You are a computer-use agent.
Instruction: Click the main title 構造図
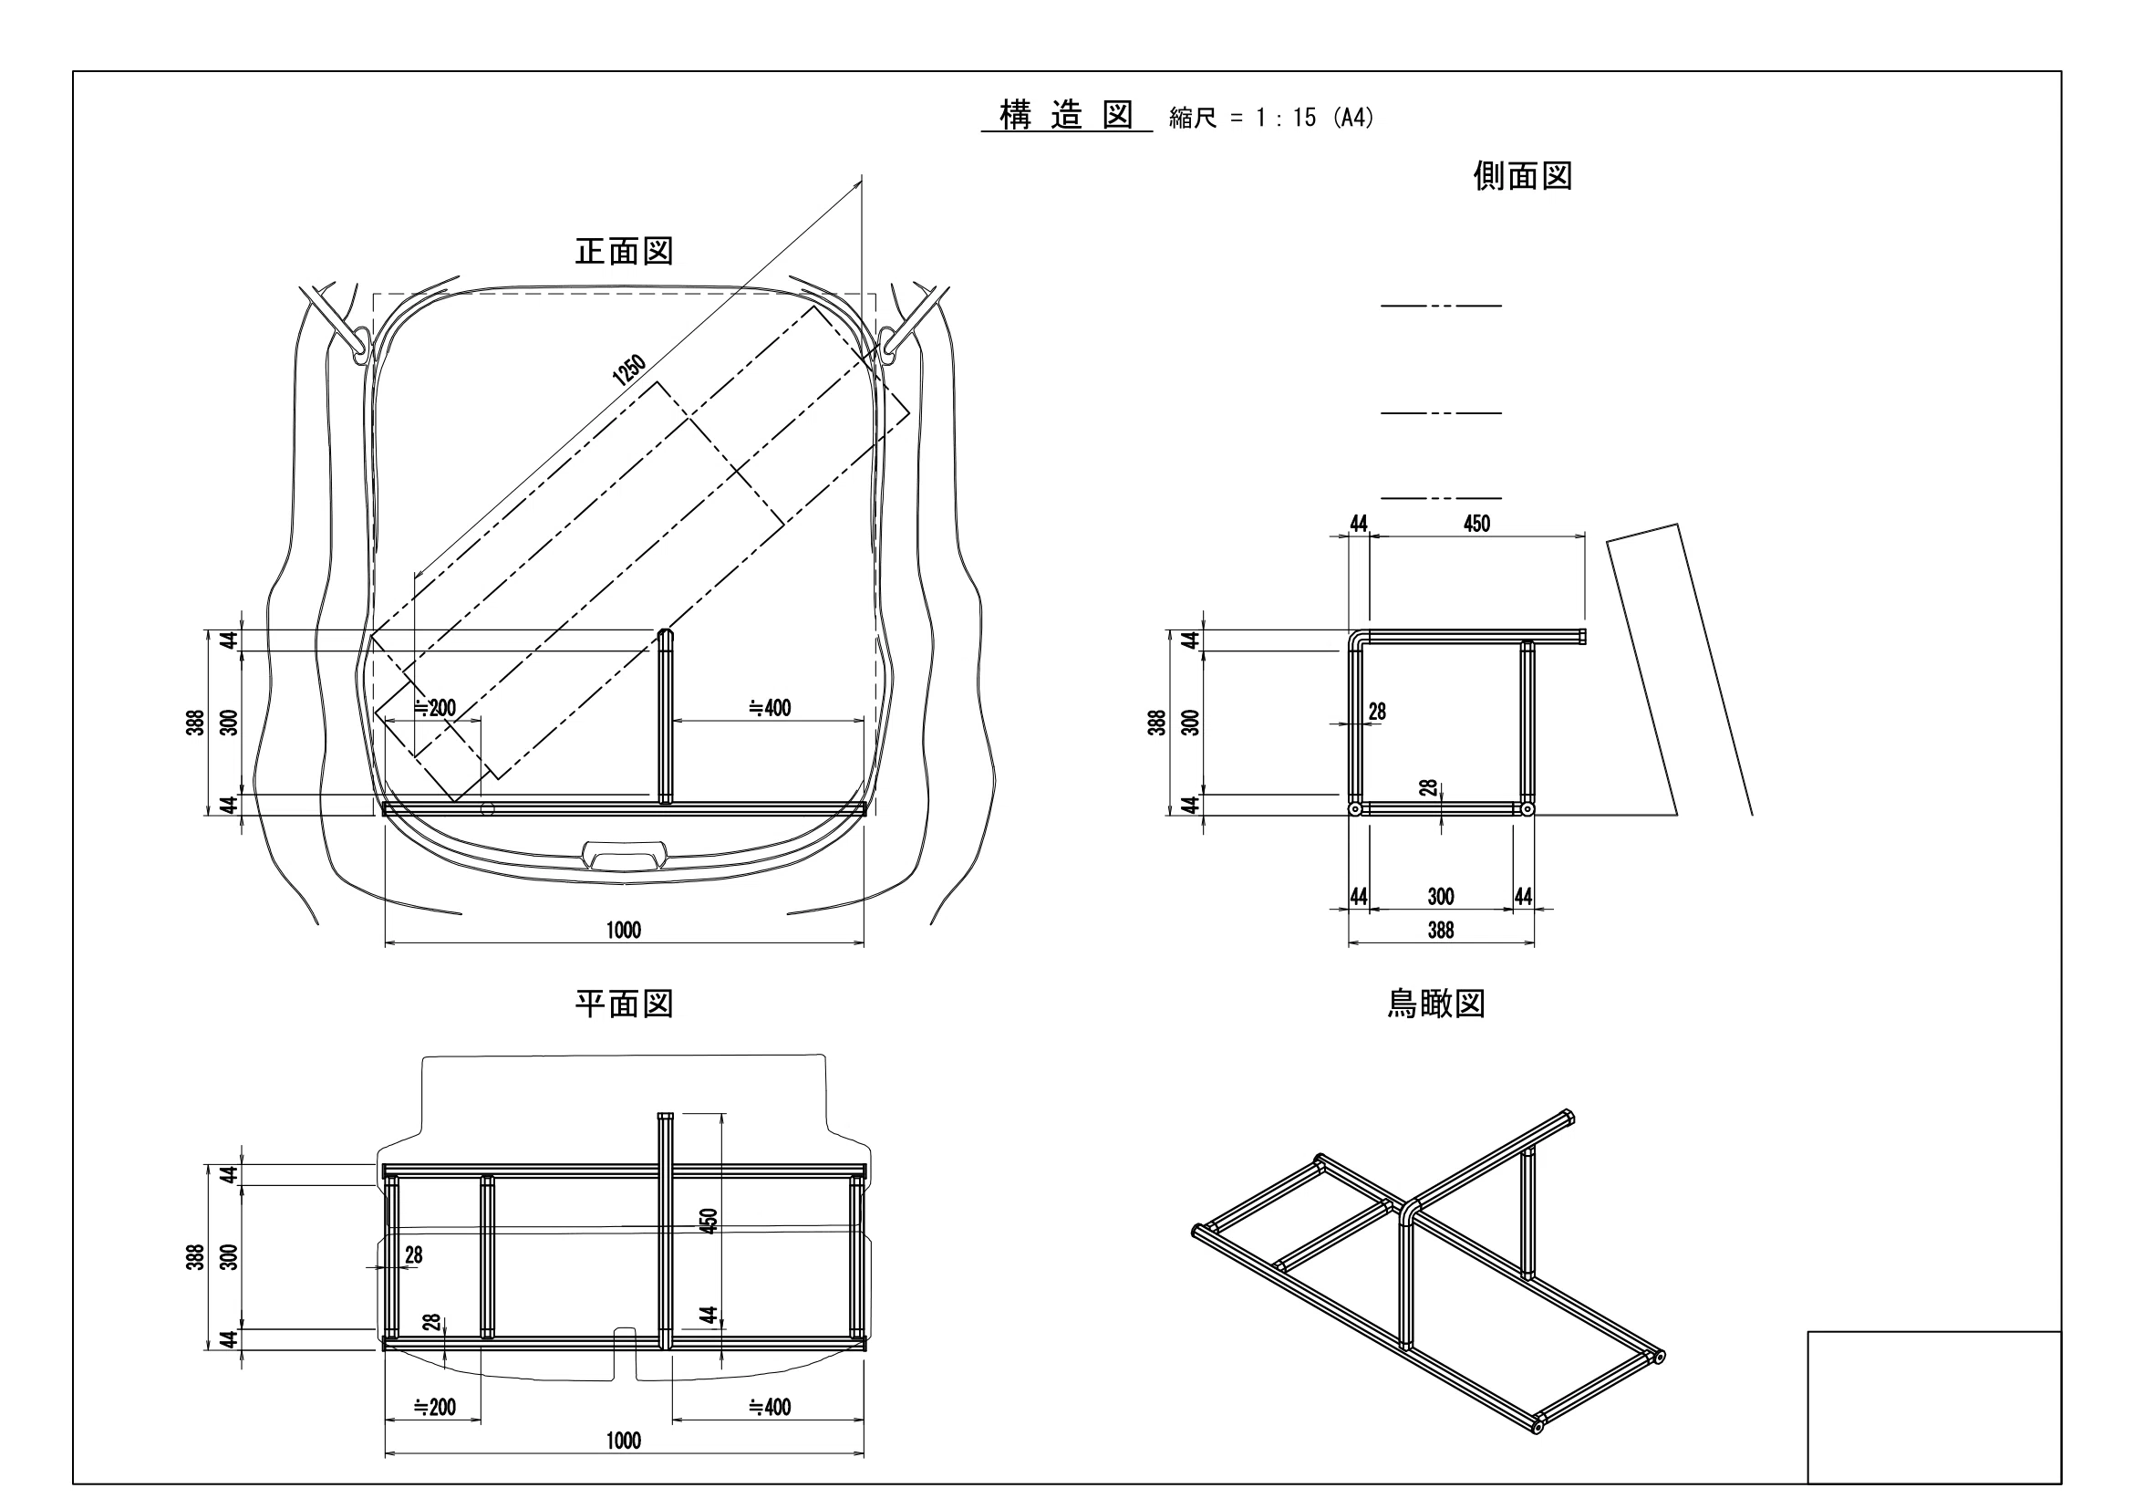[x=1067, y=116]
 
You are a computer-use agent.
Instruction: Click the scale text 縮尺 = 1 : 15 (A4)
[x=1272, y=118]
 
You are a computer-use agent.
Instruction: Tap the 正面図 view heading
[x=624, y=251]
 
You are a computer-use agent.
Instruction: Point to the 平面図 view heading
[x=624, y=1004]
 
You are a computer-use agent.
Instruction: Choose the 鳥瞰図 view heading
[x=1436, y=1004]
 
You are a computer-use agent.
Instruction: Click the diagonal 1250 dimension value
[x=629, y=369]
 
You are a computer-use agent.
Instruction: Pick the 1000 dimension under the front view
[x=624, y=930]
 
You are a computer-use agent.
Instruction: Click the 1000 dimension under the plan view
[x=624, y=1441]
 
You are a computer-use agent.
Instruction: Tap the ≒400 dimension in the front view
[x=770, y=708]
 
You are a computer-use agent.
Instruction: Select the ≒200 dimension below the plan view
[x=435, y=1407]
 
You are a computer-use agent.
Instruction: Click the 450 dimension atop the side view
[x=1476, y=524]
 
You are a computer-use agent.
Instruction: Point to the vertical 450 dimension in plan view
[x=709, y=1220]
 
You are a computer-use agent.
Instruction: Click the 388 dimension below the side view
[x=1440, y=930]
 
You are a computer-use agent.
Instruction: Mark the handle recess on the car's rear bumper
[x=624, y=852]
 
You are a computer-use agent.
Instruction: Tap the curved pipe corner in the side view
[x=1357, y=640]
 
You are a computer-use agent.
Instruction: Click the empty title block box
[x=1934, y=1407]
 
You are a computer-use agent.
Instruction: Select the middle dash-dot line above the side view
[x=1441, y=412]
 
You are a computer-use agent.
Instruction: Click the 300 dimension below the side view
[x=1440, y=897]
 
